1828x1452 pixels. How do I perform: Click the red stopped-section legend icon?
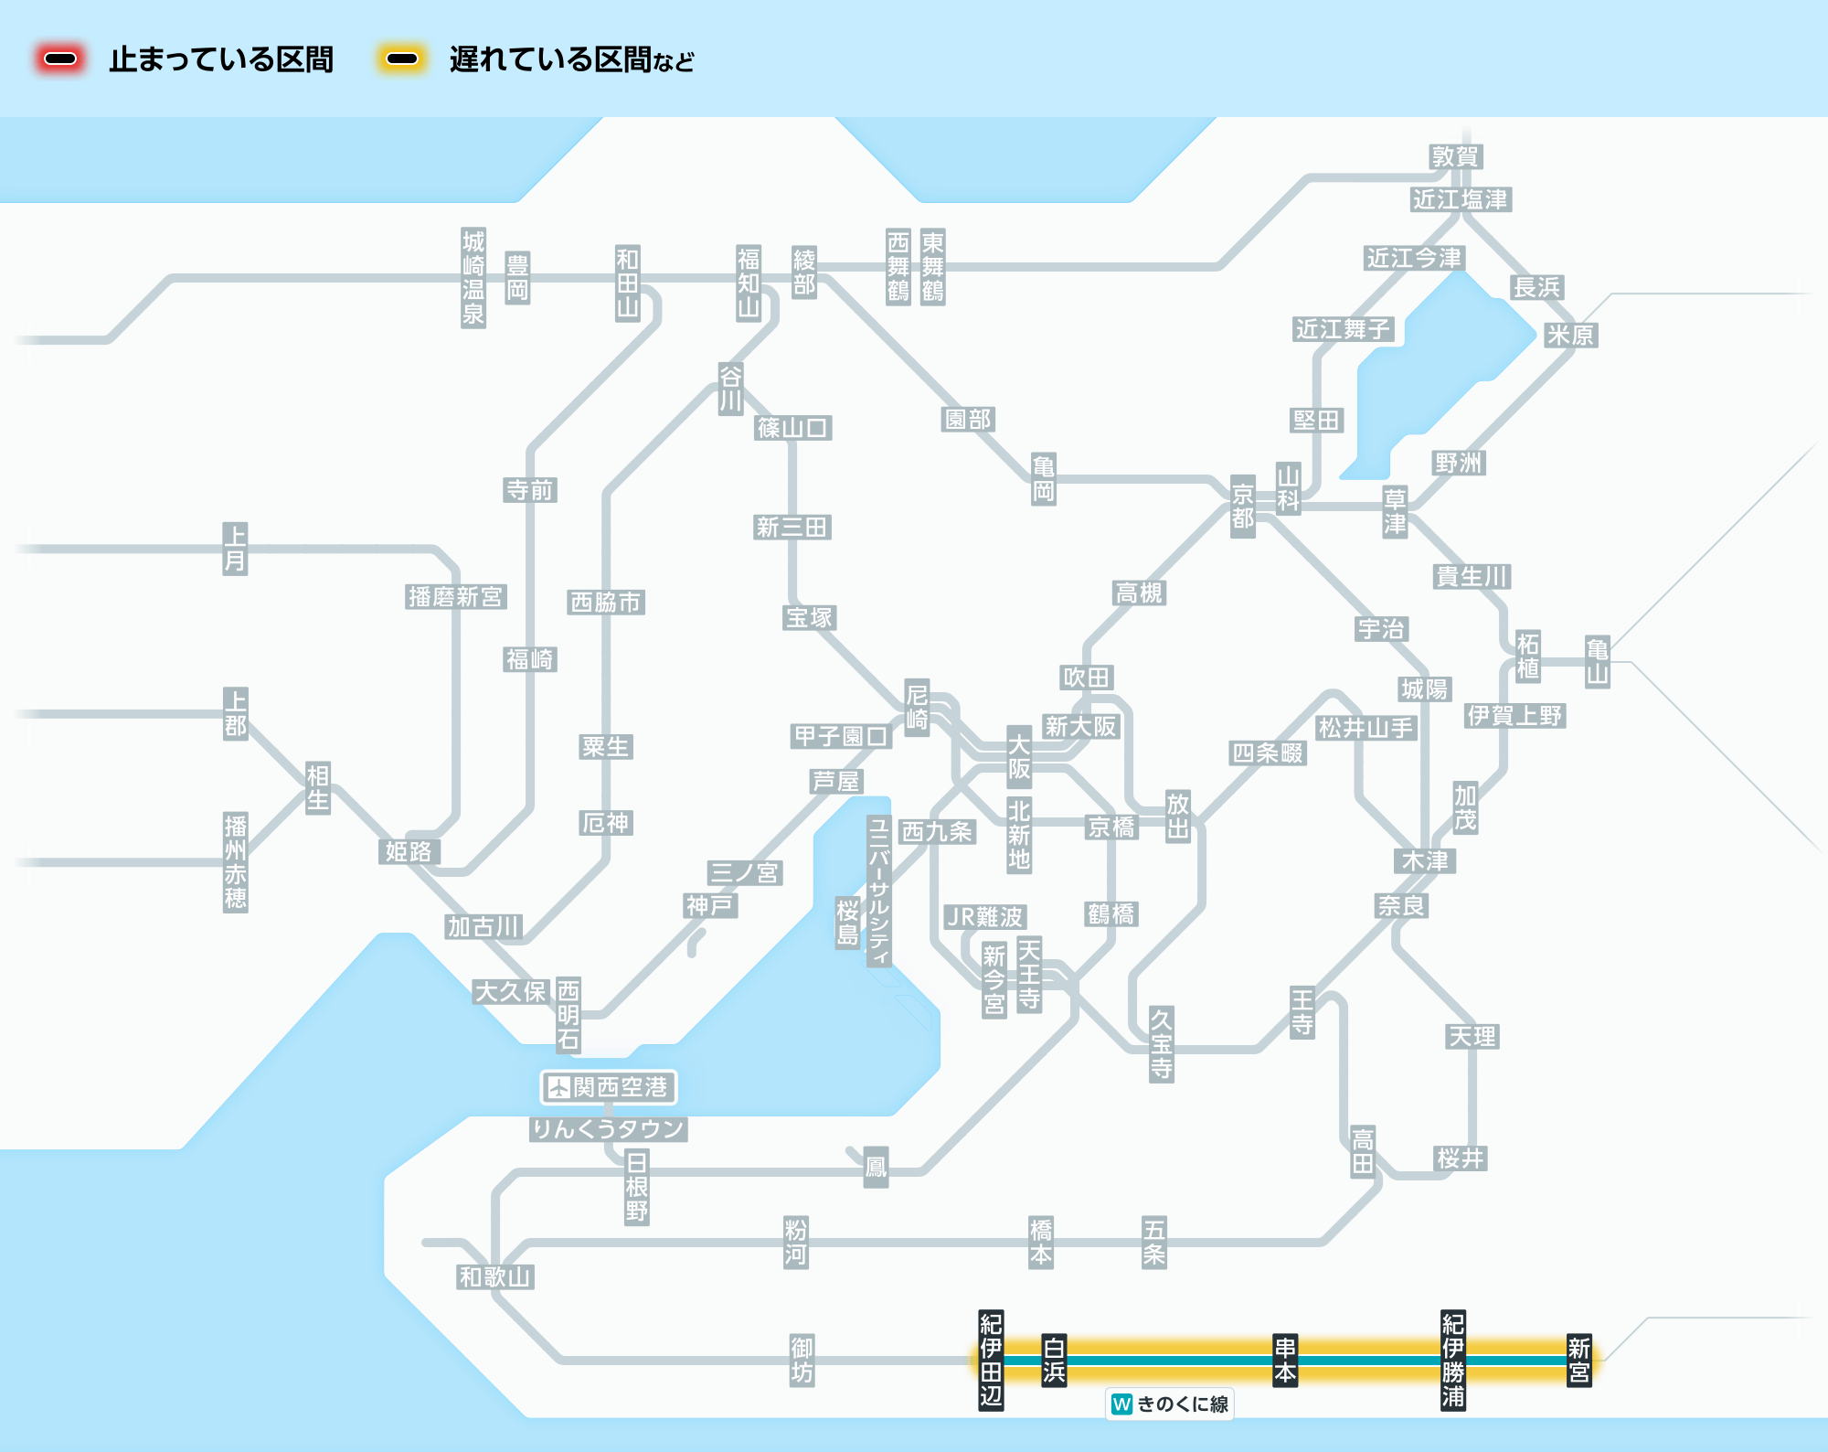[60, 59]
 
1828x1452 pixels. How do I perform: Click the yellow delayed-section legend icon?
[402, 59]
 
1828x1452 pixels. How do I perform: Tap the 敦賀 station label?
[1455, 156]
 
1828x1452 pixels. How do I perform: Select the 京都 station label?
[1242, 507]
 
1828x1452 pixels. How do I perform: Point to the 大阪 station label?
[1019, 757]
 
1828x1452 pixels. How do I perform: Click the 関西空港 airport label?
[620, 1087]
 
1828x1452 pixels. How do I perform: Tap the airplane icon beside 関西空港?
[558, 1087]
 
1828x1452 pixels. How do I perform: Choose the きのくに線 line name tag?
[1182, 1404]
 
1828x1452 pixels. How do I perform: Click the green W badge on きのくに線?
[1122, 1404]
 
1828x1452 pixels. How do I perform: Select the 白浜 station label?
[1054, 1361]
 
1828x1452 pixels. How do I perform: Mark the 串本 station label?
[1285, 1361]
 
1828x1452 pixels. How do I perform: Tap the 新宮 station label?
[1578, 1361]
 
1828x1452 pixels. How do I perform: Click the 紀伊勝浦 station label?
[1453, 1361]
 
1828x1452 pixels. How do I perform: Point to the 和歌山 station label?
[494, 1276]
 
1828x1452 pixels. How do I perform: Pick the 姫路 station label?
[409, 851]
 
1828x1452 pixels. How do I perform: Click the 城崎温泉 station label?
[473, 278]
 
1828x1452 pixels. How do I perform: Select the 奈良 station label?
[1401, 905]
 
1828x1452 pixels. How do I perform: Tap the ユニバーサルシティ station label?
[878, 891]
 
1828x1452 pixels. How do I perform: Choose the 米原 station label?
[1569, 335]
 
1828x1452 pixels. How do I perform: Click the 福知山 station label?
[749, 283]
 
